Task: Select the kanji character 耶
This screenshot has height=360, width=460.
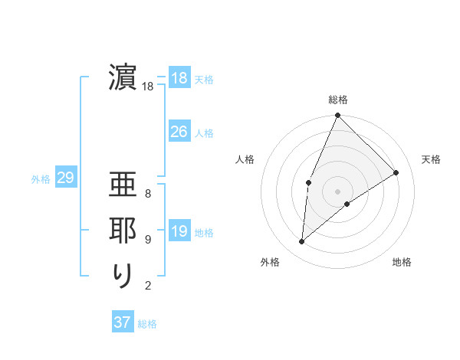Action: click(123, 232)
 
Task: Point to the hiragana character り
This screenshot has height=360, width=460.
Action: click(123, 277)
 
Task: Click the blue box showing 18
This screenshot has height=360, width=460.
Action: click(179, 77)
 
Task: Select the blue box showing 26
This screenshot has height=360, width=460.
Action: click(179, 132)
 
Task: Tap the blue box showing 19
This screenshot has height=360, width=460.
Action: click(179, 231)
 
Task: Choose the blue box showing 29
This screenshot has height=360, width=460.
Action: click(65, 178)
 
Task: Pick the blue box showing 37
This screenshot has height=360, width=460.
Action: click(122, 322)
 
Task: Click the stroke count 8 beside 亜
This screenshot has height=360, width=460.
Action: click(148, 194)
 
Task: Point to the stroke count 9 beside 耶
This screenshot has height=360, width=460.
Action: click(148, 240)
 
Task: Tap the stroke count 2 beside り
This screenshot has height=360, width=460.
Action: click(148, 286)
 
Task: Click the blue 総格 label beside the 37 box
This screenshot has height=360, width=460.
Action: click(147, 324)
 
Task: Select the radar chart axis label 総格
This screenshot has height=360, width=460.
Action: click(337, 100)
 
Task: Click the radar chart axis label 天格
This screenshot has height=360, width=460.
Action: click(431, 159)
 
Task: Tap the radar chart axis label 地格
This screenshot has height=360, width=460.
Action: click(402, 263)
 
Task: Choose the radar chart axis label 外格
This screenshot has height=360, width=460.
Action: click(270, 263)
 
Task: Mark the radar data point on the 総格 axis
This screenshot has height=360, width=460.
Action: click(337, 116)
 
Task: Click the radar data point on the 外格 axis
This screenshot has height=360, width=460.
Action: click(302, 242)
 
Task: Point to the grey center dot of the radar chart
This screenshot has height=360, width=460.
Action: click(337, 191)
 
